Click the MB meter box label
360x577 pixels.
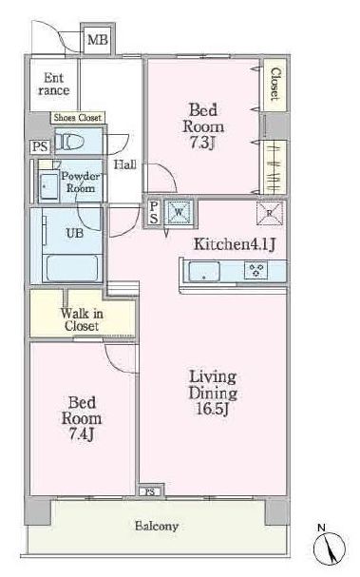coord(98,39)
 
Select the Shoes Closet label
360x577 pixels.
coord(78,118)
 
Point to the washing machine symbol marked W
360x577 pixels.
coord(179,212)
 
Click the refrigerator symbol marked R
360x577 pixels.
coord(270,213)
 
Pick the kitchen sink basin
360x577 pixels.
coord(204,272)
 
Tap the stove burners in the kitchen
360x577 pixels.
coord(256,271)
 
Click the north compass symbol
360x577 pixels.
coord(329,546)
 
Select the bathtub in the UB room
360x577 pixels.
coord(72,268)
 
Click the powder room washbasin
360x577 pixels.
coord(48,186)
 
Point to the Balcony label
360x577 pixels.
coord(157,526)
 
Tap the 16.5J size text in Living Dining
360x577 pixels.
coord(213,409)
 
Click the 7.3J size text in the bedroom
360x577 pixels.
coord(202,143)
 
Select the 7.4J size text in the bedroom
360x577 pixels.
coord(82,434)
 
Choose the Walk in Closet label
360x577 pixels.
coord(82,319)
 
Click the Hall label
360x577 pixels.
coord(124,164)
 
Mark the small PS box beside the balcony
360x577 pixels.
coord(150,491)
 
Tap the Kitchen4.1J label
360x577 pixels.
coord(235,244)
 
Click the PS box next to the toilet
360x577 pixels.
coord(40,146)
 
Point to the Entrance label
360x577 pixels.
coord(54,85)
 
